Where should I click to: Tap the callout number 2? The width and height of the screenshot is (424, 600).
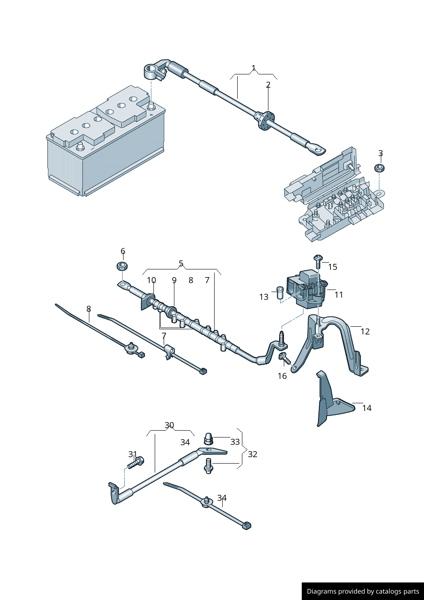(268, 85)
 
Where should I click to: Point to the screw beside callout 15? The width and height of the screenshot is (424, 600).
(318, 261)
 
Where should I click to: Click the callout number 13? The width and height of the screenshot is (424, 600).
(264, 297)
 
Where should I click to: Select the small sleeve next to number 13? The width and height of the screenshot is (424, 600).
(280, 293)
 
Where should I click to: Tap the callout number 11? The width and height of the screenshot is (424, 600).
(339, 295)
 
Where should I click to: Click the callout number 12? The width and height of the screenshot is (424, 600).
(365, 331)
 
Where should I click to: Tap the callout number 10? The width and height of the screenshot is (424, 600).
(151, 281)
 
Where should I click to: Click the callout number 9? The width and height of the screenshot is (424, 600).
(174, 281)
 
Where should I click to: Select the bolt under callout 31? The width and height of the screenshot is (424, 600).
(136, 463)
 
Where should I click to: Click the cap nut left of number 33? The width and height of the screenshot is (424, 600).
(208, 438)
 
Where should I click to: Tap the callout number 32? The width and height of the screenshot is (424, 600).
(253, 454)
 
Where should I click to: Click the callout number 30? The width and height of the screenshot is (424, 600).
(169, 426)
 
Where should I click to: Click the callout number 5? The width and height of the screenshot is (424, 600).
(181, 264)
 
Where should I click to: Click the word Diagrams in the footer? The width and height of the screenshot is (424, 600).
(321, 591)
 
